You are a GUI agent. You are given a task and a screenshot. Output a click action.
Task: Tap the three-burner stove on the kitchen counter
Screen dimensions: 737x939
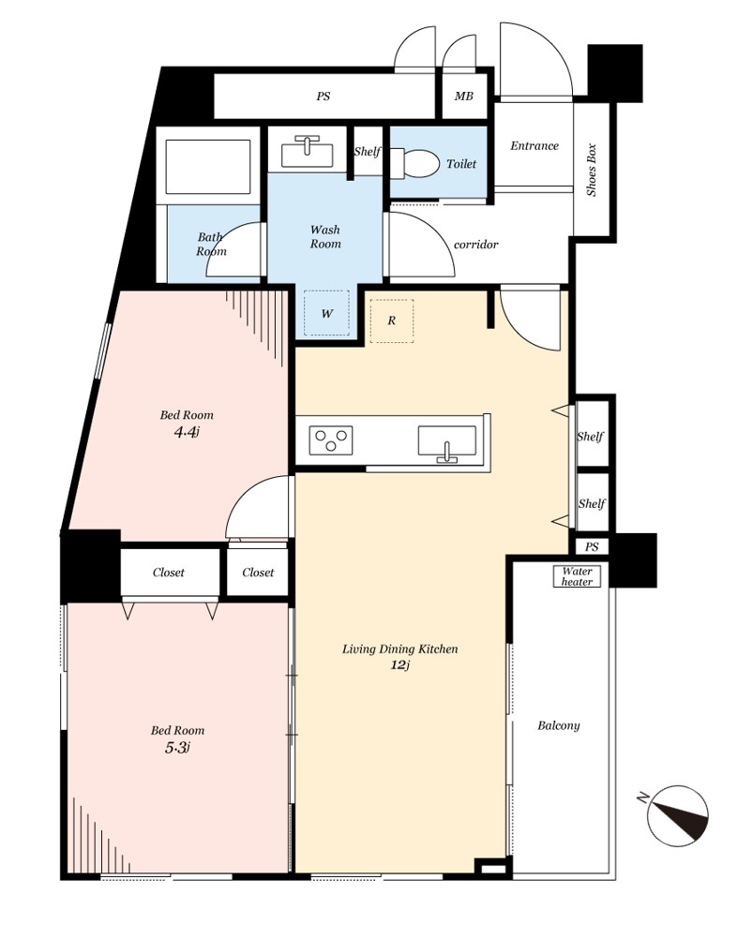[331, 440]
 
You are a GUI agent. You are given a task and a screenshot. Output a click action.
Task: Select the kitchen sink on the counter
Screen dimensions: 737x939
[447, 444]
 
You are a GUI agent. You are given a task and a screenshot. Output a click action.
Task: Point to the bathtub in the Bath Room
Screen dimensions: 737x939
[208, 167]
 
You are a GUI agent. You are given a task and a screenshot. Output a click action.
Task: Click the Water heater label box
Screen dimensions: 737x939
[577, 576]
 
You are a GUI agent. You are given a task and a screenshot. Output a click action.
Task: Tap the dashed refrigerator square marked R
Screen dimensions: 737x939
[391, 321]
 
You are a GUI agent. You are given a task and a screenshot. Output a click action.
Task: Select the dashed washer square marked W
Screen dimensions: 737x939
[326, 313]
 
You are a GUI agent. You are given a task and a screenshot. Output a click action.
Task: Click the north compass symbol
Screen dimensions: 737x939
[677, 814]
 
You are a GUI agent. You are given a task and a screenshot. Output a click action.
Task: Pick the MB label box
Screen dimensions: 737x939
[464, 96]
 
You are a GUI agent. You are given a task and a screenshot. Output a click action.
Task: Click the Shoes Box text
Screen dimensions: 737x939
[592, 170]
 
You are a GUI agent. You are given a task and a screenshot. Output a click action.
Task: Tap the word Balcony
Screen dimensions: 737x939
[559, 726]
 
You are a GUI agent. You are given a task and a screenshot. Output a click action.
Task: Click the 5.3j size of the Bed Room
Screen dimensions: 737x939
[177, 747]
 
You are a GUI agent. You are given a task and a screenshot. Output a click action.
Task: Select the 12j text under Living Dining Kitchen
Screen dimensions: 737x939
[399, 664]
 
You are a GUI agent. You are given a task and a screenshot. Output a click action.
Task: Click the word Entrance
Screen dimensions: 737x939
[534, 145]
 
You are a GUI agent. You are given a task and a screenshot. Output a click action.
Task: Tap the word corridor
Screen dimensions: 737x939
[475, 245]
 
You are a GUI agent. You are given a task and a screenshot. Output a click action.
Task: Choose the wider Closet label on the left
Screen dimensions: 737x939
[169, 572]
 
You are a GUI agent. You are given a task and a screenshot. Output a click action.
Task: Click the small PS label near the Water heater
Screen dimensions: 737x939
[592, 546]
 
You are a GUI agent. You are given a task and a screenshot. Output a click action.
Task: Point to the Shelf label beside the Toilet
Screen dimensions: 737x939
[367, 152]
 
